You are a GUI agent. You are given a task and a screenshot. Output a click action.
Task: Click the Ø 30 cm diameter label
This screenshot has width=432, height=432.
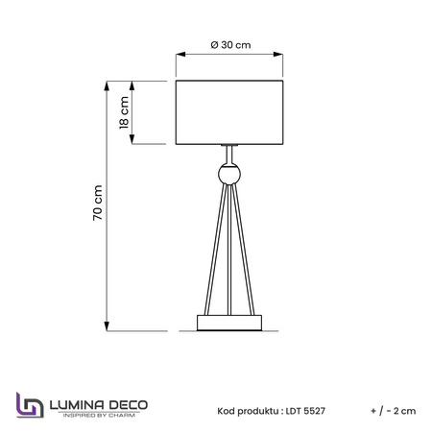point(230,45)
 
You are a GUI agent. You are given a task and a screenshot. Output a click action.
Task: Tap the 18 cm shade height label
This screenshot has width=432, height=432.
point(124,112)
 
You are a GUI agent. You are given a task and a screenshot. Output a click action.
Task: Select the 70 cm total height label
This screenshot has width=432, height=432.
point(98,203)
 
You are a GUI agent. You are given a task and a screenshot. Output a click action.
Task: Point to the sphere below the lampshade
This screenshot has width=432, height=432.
point(229,174)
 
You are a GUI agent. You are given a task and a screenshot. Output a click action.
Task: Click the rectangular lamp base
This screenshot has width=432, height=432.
point(229,323)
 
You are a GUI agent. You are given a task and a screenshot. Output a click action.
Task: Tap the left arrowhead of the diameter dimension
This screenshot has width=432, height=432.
point(180,55)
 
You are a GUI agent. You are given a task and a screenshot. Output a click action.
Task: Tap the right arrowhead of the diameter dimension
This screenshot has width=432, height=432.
point(277,55)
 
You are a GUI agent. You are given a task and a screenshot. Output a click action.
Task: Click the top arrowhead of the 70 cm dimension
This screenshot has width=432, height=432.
point(107,86)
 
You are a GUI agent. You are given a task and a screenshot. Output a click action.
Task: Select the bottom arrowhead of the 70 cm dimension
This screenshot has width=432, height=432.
point(107,325)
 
